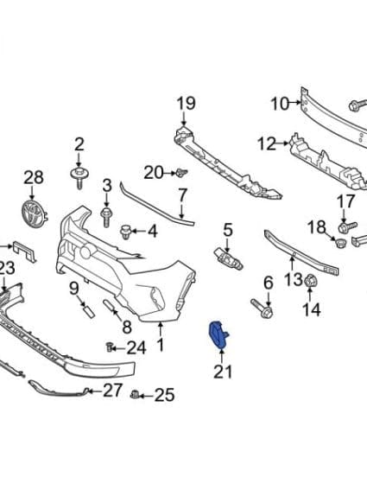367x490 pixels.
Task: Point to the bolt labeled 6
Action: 263,308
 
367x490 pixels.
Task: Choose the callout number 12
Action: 265,143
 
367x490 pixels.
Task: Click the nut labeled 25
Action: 136,396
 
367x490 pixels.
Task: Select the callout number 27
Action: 112,390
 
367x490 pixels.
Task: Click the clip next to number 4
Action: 125,232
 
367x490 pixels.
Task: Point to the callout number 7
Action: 182,194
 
